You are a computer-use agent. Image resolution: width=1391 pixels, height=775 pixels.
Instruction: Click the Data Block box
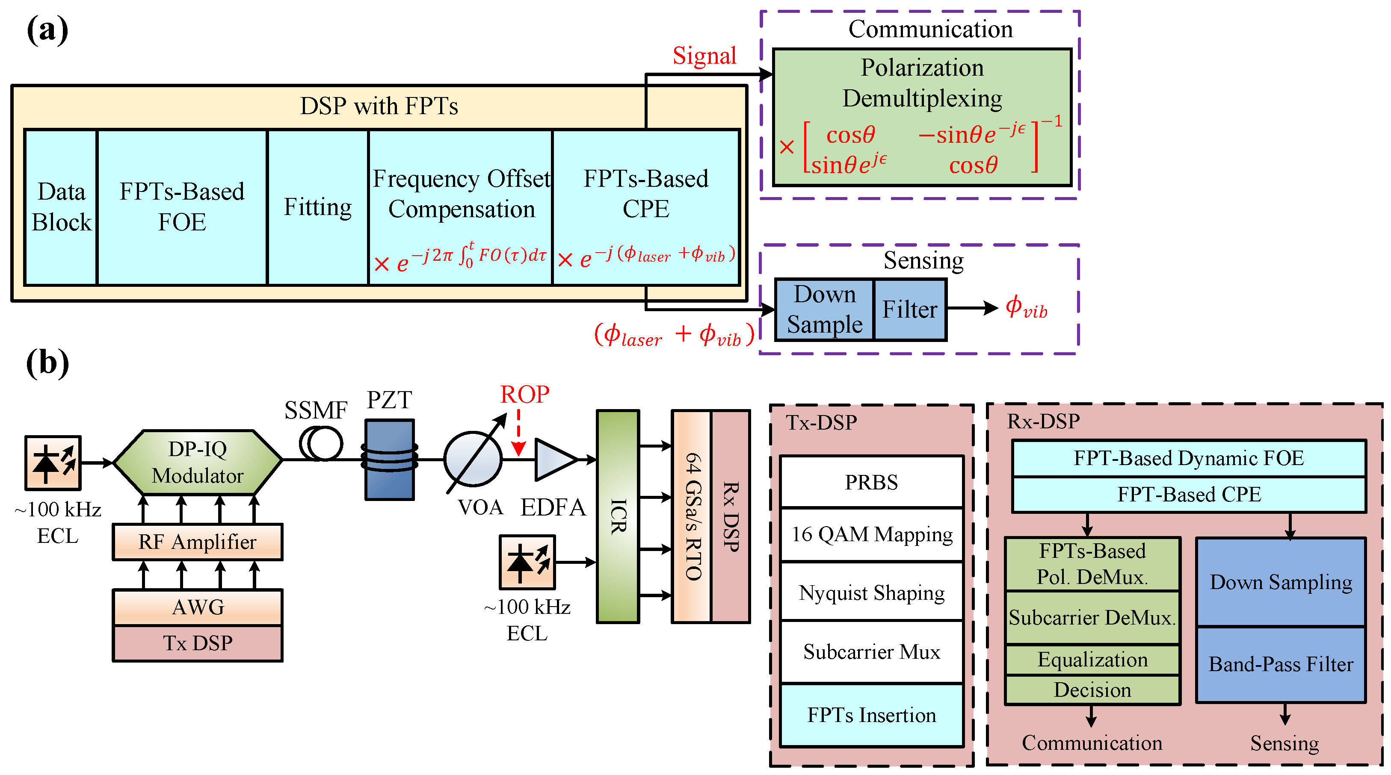(x=61, y=207)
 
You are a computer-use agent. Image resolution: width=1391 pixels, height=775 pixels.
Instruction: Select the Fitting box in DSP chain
(x=317, y=207)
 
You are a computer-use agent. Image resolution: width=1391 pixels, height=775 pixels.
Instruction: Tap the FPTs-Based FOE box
(x=182, y=207)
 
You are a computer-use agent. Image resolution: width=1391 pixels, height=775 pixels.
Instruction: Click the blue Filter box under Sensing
(x=909, y=309)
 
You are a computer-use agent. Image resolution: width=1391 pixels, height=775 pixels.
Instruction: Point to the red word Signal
(x=704, y=56)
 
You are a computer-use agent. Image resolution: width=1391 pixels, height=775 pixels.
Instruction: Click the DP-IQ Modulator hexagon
(x=198, y=462)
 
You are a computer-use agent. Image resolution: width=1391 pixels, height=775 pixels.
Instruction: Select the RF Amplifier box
(x=198, y=542)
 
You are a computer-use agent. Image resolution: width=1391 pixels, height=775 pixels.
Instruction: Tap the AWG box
(x=198, y=607)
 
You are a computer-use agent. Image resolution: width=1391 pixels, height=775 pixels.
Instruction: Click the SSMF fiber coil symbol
(x=321, y=444)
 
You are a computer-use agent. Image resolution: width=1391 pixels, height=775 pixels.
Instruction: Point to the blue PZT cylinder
(x=389, y=459)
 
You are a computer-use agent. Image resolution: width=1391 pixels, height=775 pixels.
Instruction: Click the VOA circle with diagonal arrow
(x=473, y=459)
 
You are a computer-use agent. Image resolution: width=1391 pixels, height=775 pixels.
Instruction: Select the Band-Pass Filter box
(x=1280, y=664)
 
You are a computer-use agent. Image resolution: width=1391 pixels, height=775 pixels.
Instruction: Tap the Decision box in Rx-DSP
(x=1092, y=690)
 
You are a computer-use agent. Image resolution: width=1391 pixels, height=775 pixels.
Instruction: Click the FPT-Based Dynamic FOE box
(x=1189, y=458)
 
